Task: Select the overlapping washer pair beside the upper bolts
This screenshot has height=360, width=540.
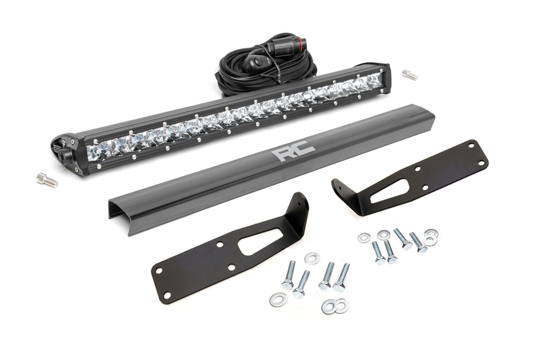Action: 430,237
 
